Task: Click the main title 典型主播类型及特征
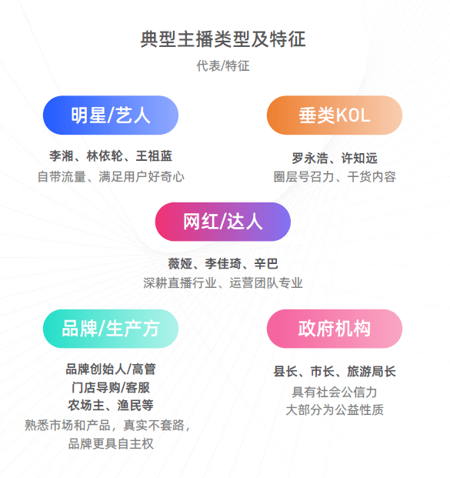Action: [x=223, y=39]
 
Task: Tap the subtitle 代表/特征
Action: [x=223, y=66]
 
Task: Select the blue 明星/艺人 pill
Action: [x=111, y=115]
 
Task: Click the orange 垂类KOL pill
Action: [x=335, y=115]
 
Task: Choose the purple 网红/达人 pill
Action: [x=223, y=222]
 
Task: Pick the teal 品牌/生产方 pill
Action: [x=111, y=329]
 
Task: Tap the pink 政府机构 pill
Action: [x=335, y=329]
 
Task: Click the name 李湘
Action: [x=62, y=155]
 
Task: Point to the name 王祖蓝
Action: [x=154, y=155]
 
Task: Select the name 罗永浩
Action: [x=310, y=159]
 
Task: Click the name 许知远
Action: [x=359, y=159]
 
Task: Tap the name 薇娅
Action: [x=180, y=264]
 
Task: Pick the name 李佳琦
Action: [x=223, y=264]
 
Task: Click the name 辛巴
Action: [x=266, y=264]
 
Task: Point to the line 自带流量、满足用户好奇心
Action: [x=111, y=177]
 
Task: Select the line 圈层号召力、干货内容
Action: [x=335, y=177]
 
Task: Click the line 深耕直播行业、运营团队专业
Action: [x=223, y=283]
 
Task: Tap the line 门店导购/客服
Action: [x=111, y=387]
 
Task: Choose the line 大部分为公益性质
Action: [x=335, y=410]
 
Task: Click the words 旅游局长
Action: [x=372, y=372]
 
